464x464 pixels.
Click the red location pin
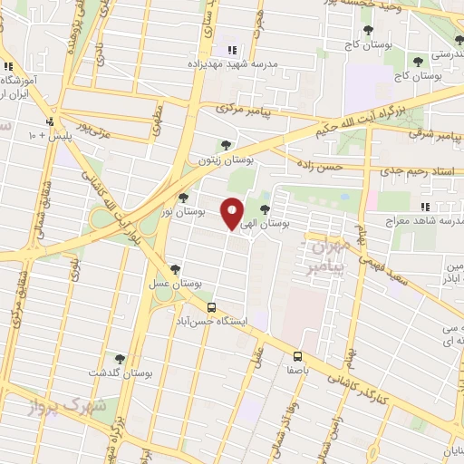(232, 213)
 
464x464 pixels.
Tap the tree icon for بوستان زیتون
(226, 144)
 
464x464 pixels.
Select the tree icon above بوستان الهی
(265, 209)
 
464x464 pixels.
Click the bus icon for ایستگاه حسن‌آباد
(212, 307)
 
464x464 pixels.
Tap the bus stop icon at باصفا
(298, 355)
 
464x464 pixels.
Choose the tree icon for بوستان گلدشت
(119, 359)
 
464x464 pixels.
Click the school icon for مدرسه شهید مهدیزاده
(232, 51)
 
